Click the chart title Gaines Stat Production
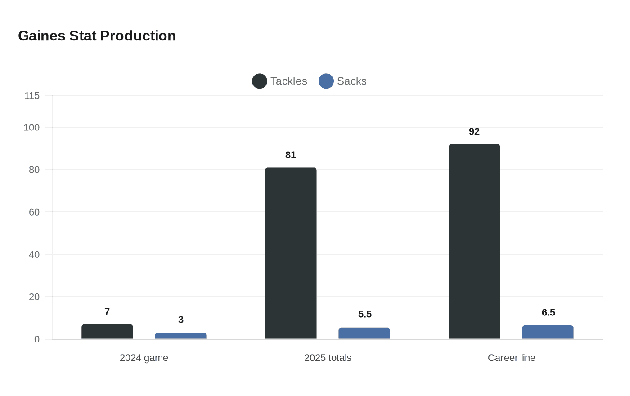97,36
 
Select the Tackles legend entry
279,81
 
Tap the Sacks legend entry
343,81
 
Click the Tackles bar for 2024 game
107,332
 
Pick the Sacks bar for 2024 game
180,336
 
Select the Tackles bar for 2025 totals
291,253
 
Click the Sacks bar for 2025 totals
364,333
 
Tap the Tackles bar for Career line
474,241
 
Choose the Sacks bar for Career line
548,332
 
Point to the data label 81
291,155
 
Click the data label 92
474,131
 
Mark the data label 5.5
365,314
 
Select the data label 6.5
549,312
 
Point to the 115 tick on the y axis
32,95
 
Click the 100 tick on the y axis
31,127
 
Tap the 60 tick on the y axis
34,212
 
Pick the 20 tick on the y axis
34,297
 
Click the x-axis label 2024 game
144,358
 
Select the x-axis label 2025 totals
328,358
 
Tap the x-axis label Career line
512,358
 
